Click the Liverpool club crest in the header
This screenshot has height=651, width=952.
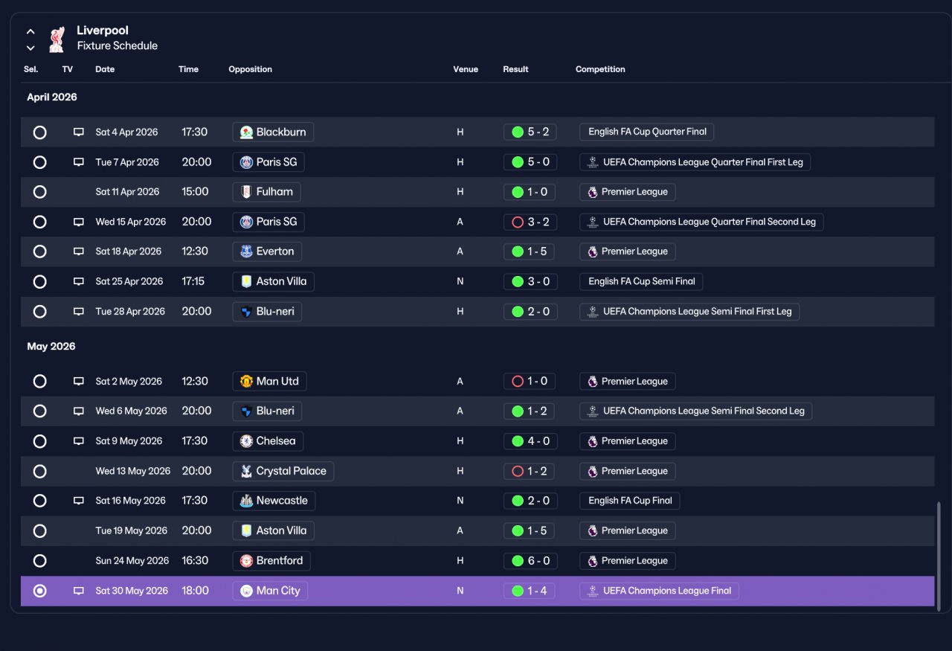(57, 39)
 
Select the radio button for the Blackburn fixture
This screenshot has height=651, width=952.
(40, 132)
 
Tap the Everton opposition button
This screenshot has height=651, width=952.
(267, 251)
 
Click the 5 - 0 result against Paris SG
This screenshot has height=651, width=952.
(530, 162)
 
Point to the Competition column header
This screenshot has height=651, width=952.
(600, 69)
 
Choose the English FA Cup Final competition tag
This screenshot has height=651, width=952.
(629, 501)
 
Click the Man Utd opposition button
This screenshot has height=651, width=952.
(269, 381)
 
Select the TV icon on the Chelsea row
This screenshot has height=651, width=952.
(79, 441)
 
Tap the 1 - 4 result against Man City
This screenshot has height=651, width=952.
(529, 591)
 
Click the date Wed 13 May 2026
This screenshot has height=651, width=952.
(132, 471)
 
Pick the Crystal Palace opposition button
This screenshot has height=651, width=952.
(283, 471)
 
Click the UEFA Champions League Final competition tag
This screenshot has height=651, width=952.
(659, 591)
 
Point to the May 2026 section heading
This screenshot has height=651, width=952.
(51, 347)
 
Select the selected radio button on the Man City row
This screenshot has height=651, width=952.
(40, 591)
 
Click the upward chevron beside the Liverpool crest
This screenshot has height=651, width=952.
(30, 31)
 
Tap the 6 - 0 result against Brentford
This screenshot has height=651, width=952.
(530, 561)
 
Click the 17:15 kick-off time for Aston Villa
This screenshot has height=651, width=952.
(193, 281)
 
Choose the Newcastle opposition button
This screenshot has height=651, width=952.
(274, 501)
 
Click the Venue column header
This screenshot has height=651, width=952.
(466, 69)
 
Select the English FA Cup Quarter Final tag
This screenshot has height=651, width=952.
(646, 132)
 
